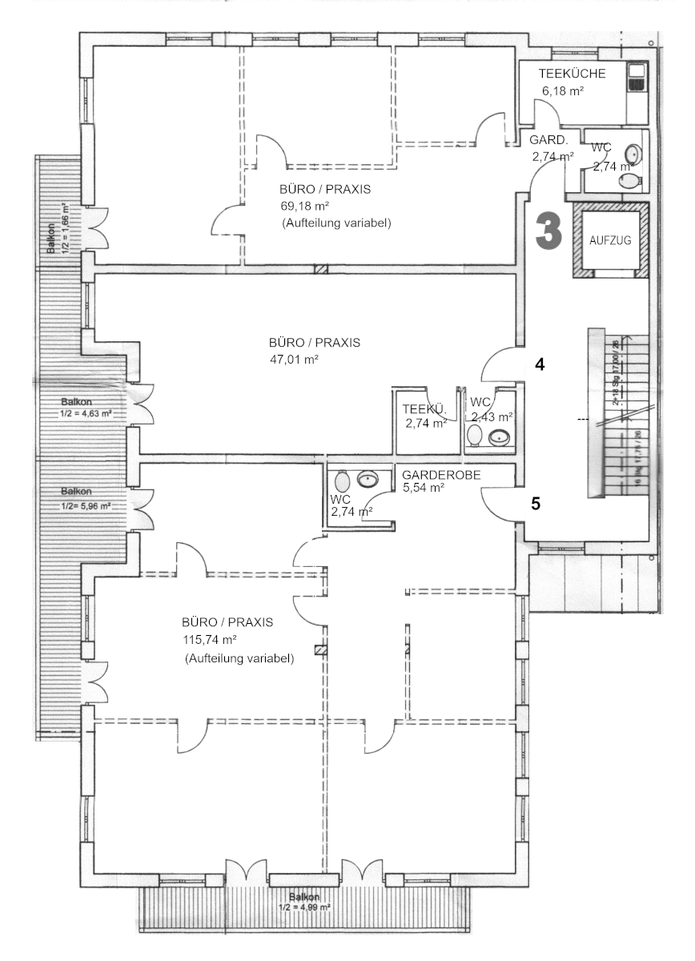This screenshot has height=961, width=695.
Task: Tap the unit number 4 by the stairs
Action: pos(540,364)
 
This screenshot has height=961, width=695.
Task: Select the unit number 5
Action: pos(536,505)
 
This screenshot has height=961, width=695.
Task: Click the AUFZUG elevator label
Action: pos(610,240)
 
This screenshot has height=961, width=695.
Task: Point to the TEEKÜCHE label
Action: pos(572,74)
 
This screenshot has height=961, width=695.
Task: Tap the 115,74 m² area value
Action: pos(210,641)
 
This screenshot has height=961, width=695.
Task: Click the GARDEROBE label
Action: pos(441,474)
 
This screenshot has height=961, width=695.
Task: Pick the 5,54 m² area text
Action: pos(423,487)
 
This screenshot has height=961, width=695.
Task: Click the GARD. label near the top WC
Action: pos(548,140)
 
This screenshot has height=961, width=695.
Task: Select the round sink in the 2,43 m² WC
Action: pos(500,436)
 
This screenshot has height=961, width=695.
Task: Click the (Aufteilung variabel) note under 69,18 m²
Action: pos(336,223)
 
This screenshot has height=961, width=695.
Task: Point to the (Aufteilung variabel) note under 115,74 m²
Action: pos(239,658)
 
